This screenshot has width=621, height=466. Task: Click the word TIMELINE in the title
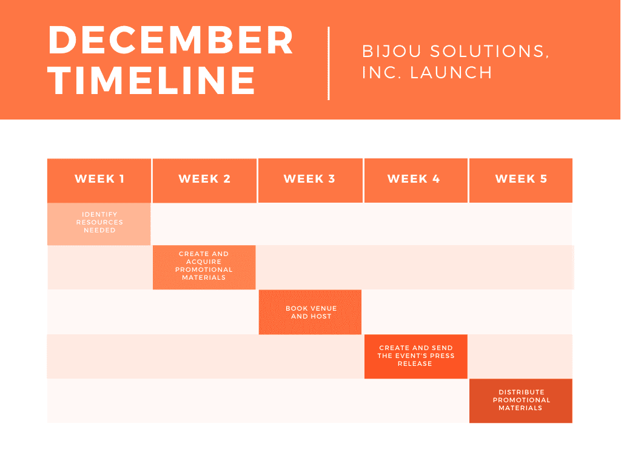pos(152,81)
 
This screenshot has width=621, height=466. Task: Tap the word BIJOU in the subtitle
pos(392,52)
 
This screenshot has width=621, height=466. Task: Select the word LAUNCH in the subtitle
pos(451,73)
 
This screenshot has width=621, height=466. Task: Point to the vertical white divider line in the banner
pos(329,63)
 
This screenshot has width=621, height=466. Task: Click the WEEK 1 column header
pos(99,181)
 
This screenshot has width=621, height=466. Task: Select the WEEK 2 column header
pos(204,181)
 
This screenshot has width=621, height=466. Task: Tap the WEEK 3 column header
pos(310,181)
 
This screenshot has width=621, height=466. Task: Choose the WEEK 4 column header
pos(416,181)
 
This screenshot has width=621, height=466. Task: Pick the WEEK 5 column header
pos(521,181)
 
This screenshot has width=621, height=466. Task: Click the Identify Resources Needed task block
pos(99,224)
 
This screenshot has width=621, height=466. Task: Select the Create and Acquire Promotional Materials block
pos(204,268)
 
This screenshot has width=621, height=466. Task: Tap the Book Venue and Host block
pos(310,312)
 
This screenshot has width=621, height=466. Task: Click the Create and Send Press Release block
pos(416,357)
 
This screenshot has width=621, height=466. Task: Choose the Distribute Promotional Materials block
pos(521,400)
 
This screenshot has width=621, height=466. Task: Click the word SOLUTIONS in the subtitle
pos(489,52)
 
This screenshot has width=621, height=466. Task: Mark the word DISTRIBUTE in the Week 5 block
pos(521,392)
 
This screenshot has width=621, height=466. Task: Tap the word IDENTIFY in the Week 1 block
pos(99,214)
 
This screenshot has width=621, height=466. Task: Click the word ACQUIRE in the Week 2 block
pos(204,262)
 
